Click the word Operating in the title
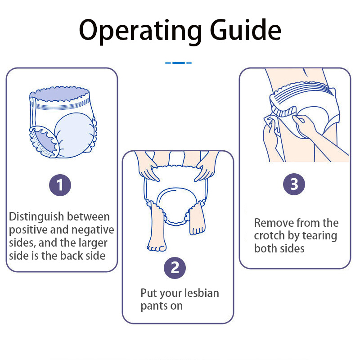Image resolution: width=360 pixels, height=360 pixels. point(133,31)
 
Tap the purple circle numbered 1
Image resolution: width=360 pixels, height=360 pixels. point(60,184)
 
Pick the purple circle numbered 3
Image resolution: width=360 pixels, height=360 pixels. point(294,184)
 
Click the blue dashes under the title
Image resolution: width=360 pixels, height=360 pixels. point(178,63)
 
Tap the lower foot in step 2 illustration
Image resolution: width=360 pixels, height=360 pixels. point(156,244)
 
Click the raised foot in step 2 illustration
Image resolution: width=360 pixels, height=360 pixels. point(197,227)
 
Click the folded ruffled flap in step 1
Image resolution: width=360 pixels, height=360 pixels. point(43,142)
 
